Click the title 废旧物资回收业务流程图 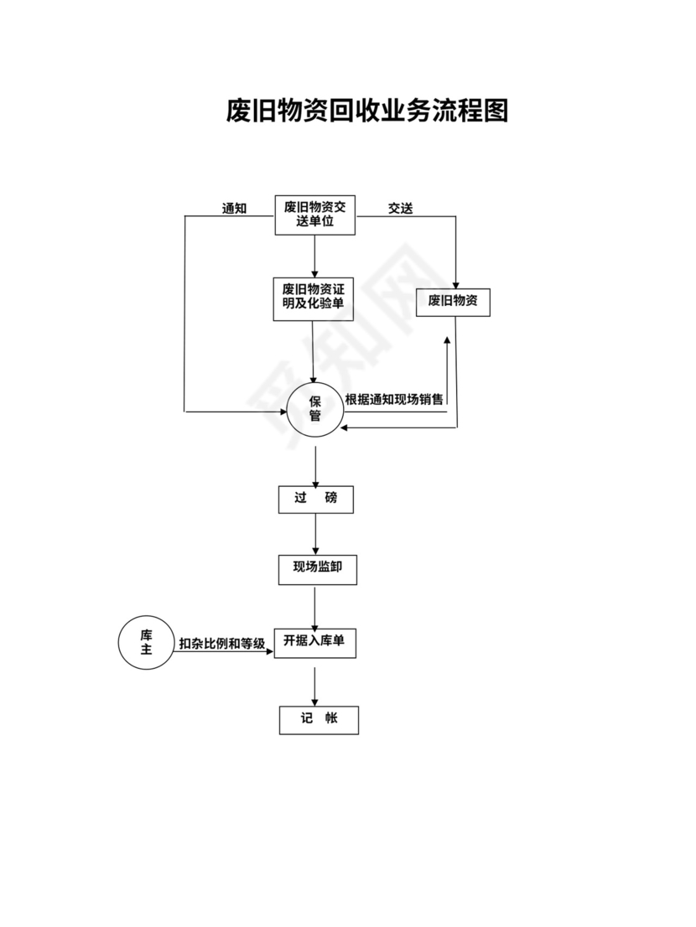[x=367, y=111]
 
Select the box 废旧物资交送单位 [x=314, y=215]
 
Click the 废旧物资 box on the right [x=453, y=302]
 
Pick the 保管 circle [x=315, y=408]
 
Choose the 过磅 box [x=315, y=499]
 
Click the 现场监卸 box [x=315, y=569]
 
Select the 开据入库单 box [x=315, y=643]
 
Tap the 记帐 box [x=319, y=720]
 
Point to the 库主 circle [x=146, y=642]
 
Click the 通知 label [x=234, y=209]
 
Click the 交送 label [x=400, y=209]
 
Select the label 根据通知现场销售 [x=394, y=399]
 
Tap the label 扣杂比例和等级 [x=221, y=644]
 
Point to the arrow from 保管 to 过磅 [x=315, y=466]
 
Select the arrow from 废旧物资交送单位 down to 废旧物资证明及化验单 [x=314, y=256]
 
